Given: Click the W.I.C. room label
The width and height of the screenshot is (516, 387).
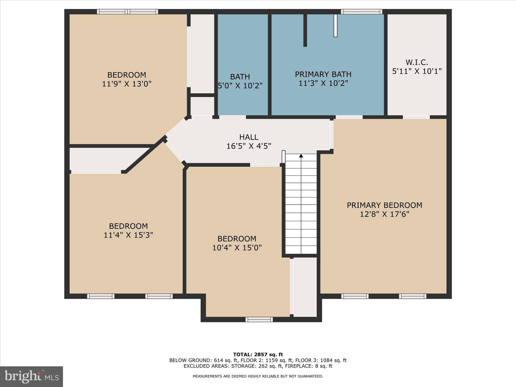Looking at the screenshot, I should [x=417, y=62].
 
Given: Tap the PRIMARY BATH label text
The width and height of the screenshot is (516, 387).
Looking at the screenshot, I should [x=323, y=74].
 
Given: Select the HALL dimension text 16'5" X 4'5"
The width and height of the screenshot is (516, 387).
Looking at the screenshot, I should [x=249, y=146].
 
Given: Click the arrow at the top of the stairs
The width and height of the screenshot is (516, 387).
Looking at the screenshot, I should [x=301, y=156].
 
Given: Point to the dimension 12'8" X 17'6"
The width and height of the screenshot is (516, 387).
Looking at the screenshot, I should [x=384, y=214].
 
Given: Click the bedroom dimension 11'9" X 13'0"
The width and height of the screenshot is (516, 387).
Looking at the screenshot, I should [x=126, y=84].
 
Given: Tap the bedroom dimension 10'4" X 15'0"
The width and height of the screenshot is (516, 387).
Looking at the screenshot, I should [x=237, y=248].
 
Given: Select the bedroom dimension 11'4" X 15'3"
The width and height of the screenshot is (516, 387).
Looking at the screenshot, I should [x=128, y=235].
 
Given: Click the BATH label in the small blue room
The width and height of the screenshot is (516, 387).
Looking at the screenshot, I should [x=240, y=77].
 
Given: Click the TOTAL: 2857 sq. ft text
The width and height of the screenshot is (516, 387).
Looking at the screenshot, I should [x=258, y=354].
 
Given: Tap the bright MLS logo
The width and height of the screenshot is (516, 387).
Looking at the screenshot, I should [x=31, y=376].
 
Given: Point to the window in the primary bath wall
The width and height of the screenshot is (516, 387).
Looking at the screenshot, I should [x=361, y=12].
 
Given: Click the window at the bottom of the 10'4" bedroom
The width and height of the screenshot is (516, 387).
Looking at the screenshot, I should [x=259, y=319].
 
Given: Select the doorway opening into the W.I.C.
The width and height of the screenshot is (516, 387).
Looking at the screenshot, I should [x=416, y=117].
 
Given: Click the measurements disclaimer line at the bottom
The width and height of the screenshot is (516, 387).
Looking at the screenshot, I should [x=258, y=376].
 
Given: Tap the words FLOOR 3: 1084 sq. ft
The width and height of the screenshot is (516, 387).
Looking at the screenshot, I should [x=321, y=360].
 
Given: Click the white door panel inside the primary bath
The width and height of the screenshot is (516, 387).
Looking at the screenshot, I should [x=335, y=25].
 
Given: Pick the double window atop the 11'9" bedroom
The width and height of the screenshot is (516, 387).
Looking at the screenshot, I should [x=127, y=12].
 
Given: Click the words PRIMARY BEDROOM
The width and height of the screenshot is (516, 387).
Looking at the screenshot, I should [x=384, y=205].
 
